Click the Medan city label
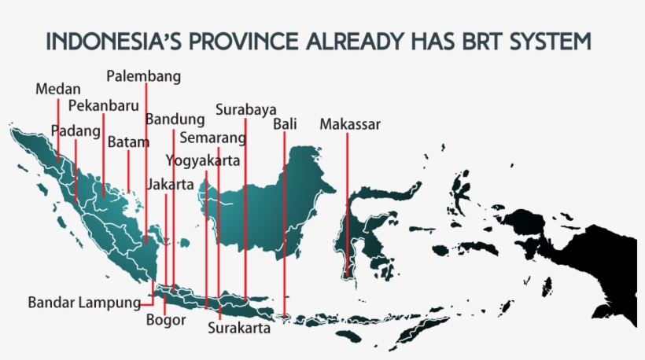pos(58,89)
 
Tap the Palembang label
pos(144,76)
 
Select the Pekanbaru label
pos(103,105)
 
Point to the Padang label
pos(76,130)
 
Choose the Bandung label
pos(175,119)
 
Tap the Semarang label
pos(212,138)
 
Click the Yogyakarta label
pos(203,160)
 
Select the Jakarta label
pos(169,185)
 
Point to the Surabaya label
pos(245,108)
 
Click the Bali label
pos(285,124)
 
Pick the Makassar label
pos(350,124)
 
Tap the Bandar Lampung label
pos(84,302)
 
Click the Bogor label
pos(166,320)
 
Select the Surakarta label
pos(239,329)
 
